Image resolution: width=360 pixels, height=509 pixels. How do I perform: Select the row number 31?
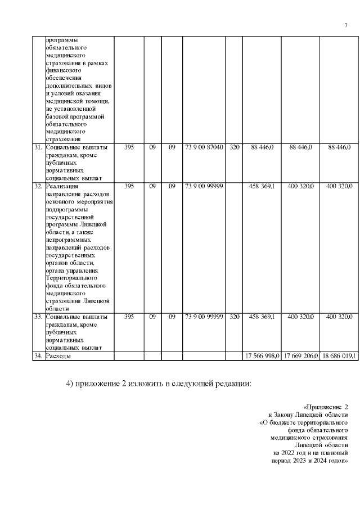(x=38, y=147)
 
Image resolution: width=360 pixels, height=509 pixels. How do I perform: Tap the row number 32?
(x=38, y=186)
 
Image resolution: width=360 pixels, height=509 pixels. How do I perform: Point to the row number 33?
(x=38, y=317)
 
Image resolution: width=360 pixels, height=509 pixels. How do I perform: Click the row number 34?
(x=38, y=357)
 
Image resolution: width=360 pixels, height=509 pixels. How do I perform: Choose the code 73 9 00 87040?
(x=204, y=147)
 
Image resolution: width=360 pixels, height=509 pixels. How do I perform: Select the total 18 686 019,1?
(x=339, y=357)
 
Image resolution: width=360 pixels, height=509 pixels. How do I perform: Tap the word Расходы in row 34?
(x=58, y=357)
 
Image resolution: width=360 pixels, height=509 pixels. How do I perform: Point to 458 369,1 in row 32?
(x=262, y=186)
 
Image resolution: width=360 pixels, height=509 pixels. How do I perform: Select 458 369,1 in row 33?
(x=262, y=317)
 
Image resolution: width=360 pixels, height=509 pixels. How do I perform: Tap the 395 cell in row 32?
(x=129, y=186)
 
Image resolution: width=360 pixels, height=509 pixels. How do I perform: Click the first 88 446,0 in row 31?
(x=262, y=147)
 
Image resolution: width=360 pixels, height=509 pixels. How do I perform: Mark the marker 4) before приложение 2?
(x=71, y=384)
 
